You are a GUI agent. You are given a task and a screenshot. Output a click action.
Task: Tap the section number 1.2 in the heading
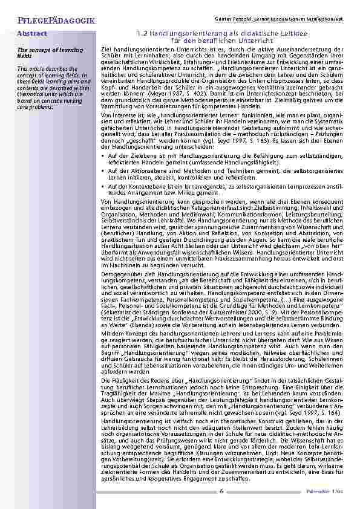point(144,34)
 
